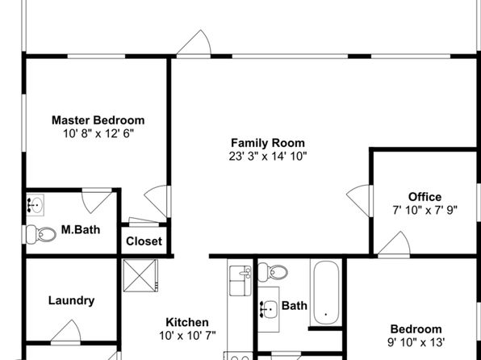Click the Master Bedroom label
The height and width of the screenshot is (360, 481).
coord(98,120)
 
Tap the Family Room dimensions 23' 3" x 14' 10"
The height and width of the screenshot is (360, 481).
coord(268,157)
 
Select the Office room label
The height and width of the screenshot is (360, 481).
coord(425,197)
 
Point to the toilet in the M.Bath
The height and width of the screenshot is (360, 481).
coord(41,234)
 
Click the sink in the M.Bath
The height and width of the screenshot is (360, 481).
coord(35,205)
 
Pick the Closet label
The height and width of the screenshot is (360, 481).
coord(144,241)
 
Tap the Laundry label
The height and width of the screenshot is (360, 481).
coord(72,300)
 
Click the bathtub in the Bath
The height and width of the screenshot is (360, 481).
coord(326,292)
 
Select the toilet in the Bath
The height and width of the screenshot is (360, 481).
coord(273,272)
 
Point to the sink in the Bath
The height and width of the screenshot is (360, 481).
coord(269,309)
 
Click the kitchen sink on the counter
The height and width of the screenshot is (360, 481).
coord(240,281)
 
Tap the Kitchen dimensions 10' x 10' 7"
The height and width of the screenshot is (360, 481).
coord(187,336)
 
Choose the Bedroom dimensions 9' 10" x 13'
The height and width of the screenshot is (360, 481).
coord(416,342)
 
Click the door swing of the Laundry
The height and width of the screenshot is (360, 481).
coord(65,332)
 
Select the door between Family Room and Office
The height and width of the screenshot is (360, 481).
coord(359,200)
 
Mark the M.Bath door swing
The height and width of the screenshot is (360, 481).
coord(97,201)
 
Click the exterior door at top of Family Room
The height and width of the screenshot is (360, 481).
coord(194,44)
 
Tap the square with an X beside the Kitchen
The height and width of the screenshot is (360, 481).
coord(140,275)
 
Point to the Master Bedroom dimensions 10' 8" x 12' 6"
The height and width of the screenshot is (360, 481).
coord(98,133)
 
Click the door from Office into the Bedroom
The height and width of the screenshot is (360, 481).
coord(394,245)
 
